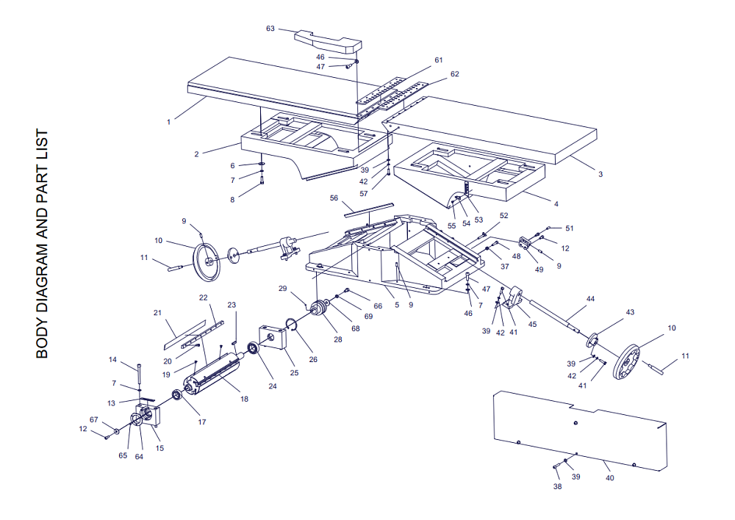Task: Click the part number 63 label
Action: (x=270, y=29)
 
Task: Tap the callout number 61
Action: (x=439, y=59)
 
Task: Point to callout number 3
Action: (x=600, y=174)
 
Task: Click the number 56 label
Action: (x=334, y=198)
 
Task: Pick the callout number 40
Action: (x=609, y=478)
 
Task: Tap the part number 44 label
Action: (x=590, y=299)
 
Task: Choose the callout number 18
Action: (x=245, y=399)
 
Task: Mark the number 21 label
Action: (x=157, y=313)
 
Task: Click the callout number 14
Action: (x=113, y=360)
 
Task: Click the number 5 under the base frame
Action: (x=397, y=305)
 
